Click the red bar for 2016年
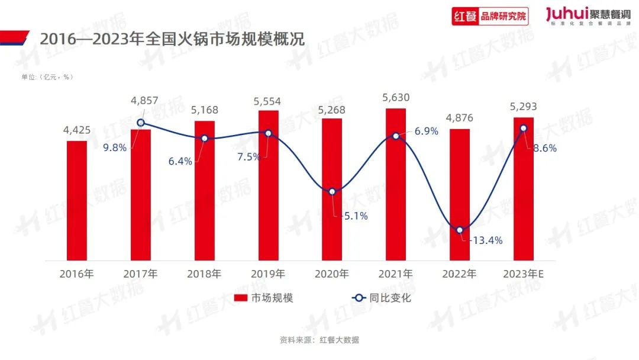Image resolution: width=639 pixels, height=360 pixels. pos(76,201)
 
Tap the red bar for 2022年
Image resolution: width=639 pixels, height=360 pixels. pos(460,195)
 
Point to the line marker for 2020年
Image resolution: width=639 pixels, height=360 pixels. pos(333,192)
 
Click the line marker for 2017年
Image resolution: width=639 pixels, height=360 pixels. pos(141,123)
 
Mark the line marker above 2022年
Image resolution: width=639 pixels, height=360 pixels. pos(460,230)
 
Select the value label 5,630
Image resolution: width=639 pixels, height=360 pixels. pos(396,98)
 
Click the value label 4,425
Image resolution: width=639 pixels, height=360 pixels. pos(77,130)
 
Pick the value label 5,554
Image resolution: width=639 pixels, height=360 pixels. pos(267,101)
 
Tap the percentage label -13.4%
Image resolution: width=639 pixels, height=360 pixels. pos(486,240)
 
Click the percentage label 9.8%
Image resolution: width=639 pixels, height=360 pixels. pos(115,148)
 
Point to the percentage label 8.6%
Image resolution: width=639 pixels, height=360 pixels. pos(544,149)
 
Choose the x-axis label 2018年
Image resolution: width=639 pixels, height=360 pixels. pos(204,274)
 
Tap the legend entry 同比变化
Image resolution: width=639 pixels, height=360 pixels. pos(381,298)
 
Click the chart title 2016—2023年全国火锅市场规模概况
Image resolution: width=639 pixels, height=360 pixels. pos(172,39)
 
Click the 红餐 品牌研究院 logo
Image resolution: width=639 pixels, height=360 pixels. pos(490,16)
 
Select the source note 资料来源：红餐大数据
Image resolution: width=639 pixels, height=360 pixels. pos(319,340)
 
